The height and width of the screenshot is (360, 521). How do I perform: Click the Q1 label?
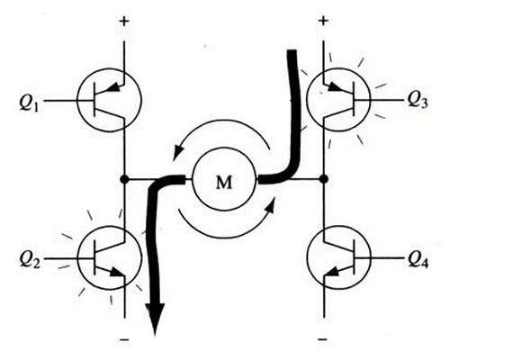coord(29,102)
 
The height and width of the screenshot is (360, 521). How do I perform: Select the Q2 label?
coord(30,259)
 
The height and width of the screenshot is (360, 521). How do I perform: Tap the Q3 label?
coord(418,99)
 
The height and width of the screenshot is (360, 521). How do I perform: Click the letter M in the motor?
coord(224,182)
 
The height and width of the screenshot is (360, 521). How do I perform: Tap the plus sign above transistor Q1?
coord(124,22)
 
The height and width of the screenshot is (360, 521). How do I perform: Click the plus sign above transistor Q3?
coord(323,21)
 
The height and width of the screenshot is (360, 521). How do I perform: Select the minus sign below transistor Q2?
coord(124,339)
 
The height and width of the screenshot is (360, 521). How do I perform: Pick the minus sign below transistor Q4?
coord(322,339)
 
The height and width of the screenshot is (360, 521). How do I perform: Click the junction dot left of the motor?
coord(124,179)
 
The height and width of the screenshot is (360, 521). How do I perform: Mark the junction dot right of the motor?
coord(324,179)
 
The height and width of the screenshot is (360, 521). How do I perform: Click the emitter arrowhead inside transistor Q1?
coord(113,87)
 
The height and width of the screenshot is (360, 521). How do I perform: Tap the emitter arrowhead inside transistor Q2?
coord(117,272)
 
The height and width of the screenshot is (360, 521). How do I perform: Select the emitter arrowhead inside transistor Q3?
coord(335,87)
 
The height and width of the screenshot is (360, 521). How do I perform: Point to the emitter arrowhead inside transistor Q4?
coord(332,272)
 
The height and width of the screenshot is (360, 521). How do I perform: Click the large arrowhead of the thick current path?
coord(155,319)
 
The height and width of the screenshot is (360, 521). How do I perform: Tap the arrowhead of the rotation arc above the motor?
coord(178,153)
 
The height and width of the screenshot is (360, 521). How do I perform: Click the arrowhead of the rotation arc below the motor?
coord(271,205)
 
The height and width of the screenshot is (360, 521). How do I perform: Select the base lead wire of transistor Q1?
coord(60,101)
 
